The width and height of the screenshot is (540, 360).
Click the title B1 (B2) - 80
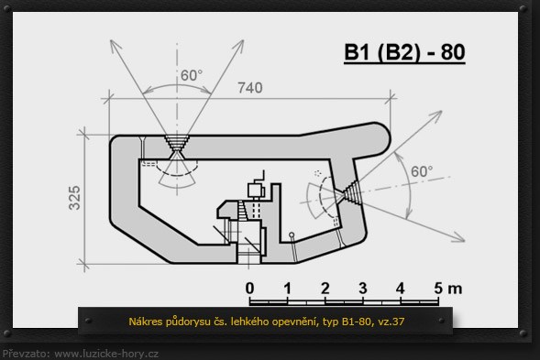coord(404,52)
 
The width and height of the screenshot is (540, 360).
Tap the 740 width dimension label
coord(250,88)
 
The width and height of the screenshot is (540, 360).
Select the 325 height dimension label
coord(74,198)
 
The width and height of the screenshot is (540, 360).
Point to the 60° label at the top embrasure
coord(192,75)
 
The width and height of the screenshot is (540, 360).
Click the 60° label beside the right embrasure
coord(422,171)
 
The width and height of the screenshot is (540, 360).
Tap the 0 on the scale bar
coord(249,289)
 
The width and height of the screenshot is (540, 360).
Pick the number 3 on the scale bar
coord(363,289)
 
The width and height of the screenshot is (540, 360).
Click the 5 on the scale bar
coord(438,289)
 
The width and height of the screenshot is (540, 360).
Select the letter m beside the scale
coord(455,289)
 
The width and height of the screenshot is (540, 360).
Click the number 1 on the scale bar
coord(287,289)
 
